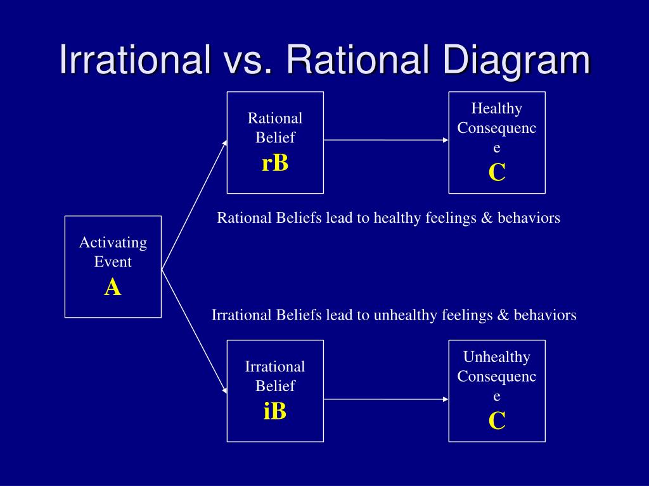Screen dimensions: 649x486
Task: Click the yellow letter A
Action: pos(113,287)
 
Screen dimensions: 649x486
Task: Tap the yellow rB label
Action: pos(275,163)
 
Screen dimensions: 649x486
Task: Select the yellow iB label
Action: pos(275,411)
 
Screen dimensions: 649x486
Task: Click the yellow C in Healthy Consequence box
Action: pos(497,172)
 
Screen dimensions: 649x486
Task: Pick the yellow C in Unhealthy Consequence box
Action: pos(497,421)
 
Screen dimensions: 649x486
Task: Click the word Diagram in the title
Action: pos(517,60)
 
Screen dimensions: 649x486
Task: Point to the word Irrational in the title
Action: pos(135,59)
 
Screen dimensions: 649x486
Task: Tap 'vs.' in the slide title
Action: pos(247,62)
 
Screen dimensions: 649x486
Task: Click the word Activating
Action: pos(113,242)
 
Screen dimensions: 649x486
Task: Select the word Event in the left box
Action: pos(113,261)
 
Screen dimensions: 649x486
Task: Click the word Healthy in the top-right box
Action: pos(497,109)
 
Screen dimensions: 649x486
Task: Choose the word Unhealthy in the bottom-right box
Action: pos(497,357)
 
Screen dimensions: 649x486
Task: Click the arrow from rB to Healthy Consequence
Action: pos(386,140)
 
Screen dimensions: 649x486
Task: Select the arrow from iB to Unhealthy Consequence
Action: pos(386,399)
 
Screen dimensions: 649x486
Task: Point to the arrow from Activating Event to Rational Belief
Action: pos(195,205)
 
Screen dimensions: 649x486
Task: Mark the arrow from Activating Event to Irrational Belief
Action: pos(195,332)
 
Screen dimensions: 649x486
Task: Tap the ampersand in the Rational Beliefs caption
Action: pos(487,218)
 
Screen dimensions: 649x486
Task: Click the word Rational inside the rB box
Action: pos(275,118)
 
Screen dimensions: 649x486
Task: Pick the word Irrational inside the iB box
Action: pos(275,366)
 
